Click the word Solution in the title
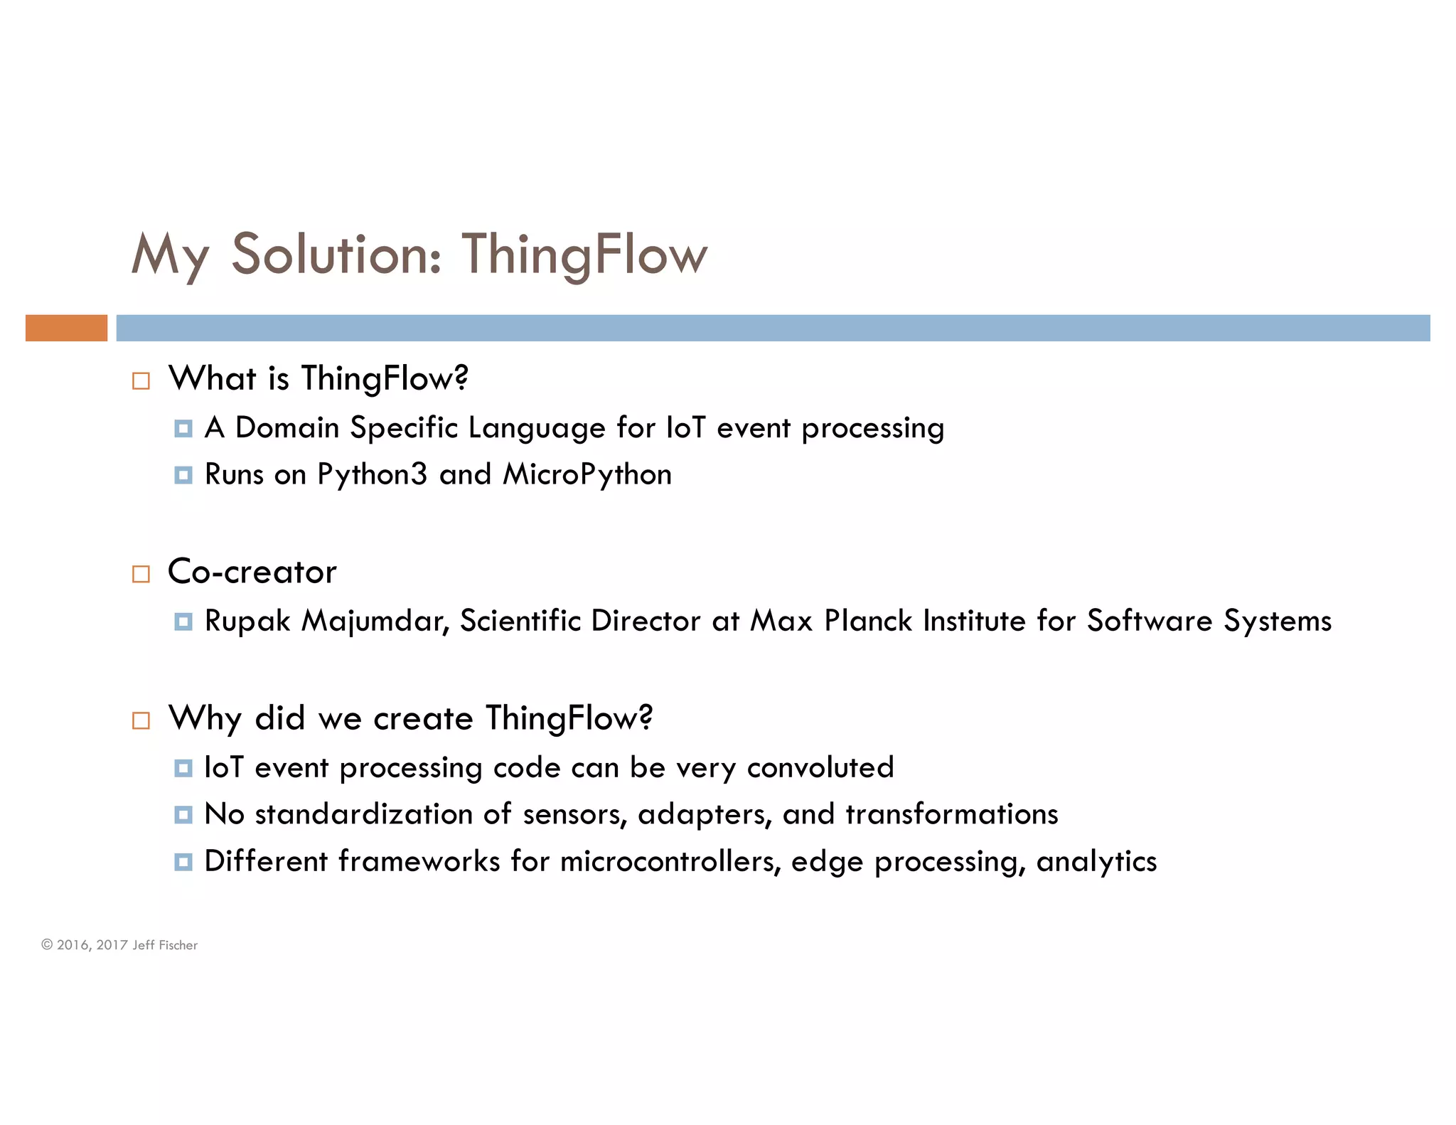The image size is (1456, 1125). (336, 255)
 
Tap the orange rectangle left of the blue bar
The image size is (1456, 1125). (66, 328)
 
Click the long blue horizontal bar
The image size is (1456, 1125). (773, 328)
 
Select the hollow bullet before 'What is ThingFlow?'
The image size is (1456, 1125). (141, 381)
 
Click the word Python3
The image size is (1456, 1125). (372, 475)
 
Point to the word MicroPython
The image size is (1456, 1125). (587, 475)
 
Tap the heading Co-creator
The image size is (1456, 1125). (252, 572)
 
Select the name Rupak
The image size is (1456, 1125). (247, 622)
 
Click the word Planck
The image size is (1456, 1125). (868, 621)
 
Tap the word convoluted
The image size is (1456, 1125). (820, 768)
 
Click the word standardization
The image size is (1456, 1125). (363, 814)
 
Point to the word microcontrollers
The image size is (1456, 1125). (670, 861)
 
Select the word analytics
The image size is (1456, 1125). (1096, 862)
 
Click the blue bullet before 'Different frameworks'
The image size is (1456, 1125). (183, 862)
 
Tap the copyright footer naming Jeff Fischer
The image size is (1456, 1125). (119, 945)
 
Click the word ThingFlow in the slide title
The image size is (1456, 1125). (584, 255)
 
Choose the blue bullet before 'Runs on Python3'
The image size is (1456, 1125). (183, 475)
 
